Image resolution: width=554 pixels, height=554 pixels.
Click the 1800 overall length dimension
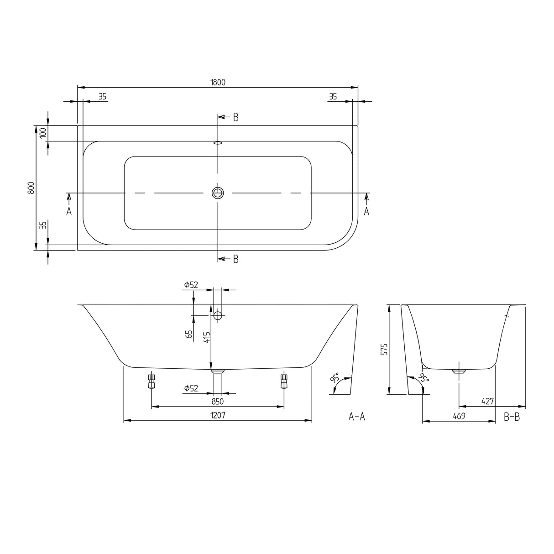(218, 82)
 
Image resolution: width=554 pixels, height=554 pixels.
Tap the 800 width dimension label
(31, 188)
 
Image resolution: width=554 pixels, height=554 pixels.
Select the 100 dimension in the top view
(43, 133)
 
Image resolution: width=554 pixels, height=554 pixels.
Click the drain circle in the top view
(218, 193)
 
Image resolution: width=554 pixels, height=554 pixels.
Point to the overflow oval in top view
(218, 142)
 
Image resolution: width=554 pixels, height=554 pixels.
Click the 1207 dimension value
(218, 415)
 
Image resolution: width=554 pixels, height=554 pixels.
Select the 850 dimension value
(218, 401)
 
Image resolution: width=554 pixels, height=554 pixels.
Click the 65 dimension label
(189, 334)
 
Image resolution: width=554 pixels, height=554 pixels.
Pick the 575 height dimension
(384, 349)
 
